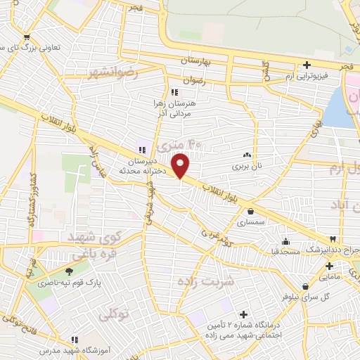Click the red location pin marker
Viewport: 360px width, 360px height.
181,165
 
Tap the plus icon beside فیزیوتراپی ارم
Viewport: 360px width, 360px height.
307,65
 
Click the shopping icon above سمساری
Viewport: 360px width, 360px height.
251,210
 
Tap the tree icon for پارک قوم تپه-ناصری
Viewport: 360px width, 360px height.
69,271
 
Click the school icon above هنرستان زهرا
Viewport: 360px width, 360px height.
174,92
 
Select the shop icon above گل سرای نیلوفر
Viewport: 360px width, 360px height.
305,286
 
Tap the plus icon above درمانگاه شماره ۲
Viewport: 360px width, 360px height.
243,314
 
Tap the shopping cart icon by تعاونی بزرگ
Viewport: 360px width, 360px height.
27,37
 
